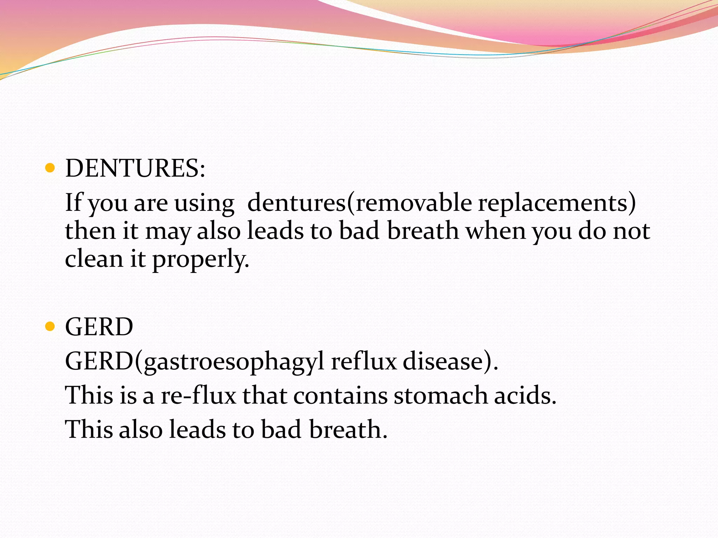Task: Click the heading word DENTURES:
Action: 135,168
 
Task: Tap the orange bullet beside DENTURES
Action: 50,168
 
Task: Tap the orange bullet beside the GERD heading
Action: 50,327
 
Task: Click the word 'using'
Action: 204,203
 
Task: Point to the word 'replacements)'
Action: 557,203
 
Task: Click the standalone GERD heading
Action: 99,327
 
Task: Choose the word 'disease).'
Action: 450,361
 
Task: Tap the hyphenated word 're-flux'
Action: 198,395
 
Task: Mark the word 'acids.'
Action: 525,395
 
